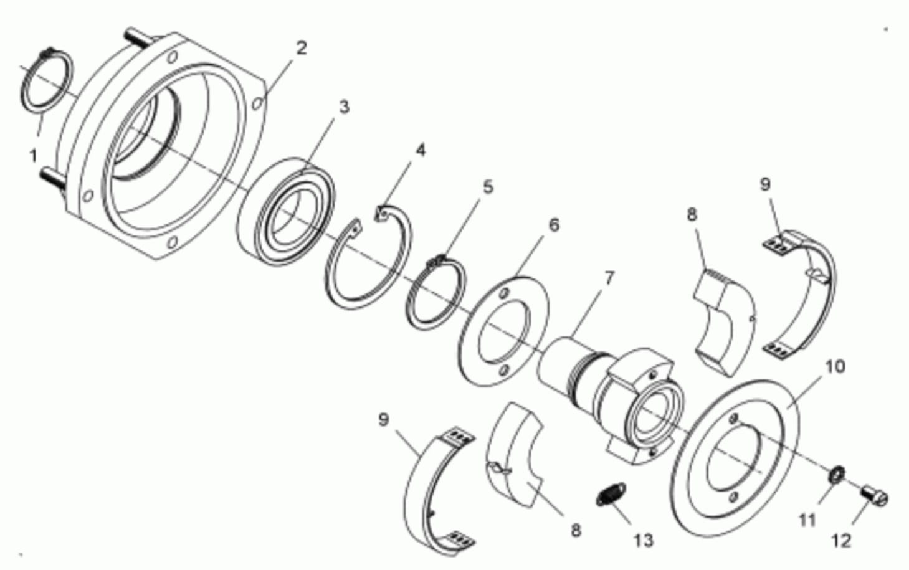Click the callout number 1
[x=33, y=156]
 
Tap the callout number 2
[x=301, y=48]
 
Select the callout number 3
[x=344, y=107]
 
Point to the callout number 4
[x=421, y=150]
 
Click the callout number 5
[x=488, y=187]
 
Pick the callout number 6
[x=554, y=224]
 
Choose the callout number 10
[x=835, y=366]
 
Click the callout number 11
[x=807, y=520]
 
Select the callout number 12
[x=841, y=541]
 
